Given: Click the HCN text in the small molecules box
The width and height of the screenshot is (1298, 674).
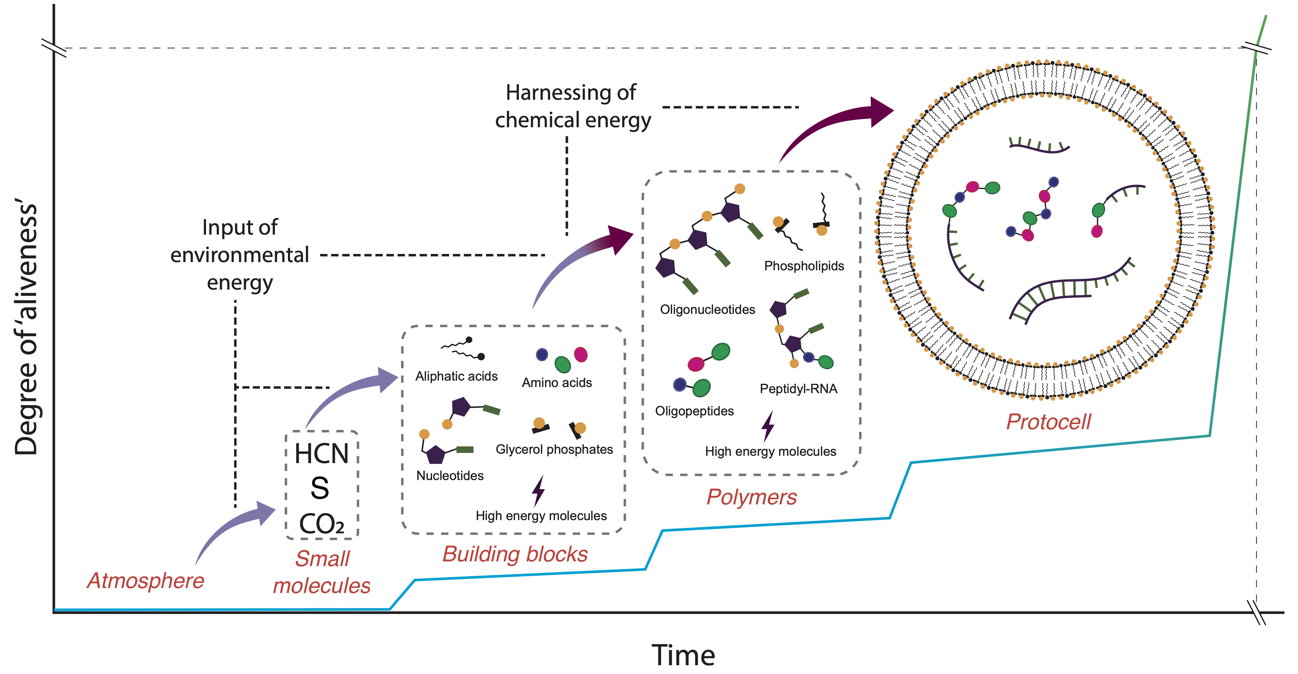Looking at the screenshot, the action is pos(322,453).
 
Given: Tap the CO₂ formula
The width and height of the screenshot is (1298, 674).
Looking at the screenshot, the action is pos(322,524).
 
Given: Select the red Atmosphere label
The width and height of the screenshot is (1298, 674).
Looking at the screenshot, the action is pos(146,581).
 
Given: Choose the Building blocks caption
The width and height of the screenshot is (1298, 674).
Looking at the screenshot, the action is pos(515,554).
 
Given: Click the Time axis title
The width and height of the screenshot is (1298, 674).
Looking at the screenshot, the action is pos(683,655).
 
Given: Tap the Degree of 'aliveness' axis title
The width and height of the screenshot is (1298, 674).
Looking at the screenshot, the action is pos(26,329).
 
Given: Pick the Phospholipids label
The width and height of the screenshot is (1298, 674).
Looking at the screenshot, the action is pos(804,266).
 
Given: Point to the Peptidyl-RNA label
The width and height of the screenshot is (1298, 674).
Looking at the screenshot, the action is pos(799,389).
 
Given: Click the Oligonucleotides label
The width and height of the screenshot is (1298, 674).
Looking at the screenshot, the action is pos(708,309).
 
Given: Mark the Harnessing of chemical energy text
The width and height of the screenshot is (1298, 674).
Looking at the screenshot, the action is pos(573,106).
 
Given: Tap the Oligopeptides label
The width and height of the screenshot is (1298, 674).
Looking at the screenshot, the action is pos(694,411).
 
